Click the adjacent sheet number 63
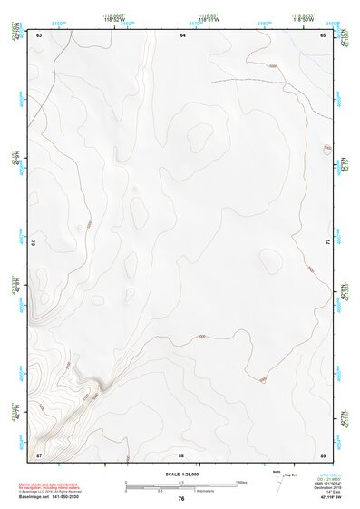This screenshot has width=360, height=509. pos(40,34)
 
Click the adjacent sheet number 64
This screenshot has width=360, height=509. pos(182,34)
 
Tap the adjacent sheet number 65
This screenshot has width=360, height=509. pos(323,34)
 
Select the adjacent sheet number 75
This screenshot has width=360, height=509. pos(34,243)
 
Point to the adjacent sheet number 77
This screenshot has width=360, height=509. pos(328,243)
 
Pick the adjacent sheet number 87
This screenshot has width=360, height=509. pos(39,453)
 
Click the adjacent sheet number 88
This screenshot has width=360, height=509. pos(181,453)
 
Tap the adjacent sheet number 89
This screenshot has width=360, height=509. pos(323,453)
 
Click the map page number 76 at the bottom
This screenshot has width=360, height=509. pos(181,499)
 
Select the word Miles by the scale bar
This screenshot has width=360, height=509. pos(241,482)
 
